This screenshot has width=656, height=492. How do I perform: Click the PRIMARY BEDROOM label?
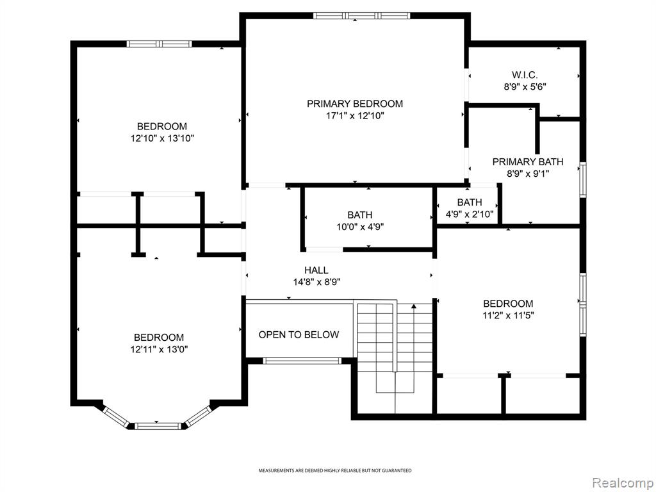355,104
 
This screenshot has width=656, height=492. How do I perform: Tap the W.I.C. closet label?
525,76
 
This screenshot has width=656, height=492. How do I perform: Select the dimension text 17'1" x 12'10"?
355,116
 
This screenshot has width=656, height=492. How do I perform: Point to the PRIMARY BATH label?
528,162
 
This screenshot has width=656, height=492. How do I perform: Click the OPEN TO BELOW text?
299,334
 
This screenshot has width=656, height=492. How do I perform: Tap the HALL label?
316,270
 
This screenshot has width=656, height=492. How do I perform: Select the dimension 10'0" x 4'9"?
360,227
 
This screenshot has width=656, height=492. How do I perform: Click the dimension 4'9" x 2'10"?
470,214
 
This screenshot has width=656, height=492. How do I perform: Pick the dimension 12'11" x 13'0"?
159,349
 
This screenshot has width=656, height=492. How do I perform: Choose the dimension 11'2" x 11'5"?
508,315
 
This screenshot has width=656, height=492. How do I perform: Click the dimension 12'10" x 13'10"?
162,138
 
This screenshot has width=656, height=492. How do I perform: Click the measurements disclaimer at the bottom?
334,471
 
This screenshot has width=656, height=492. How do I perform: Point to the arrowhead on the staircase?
414,306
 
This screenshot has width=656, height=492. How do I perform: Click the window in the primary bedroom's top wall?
361,16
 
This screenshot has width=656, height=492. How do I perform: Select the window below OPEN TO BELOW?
302,361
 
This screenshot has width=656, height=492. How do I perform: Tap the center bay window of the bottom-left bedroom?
158,426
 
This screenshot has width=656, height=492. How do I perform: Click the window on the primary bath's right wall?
582,179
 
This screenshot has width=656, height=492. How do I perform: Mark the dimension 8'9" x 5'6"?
525,87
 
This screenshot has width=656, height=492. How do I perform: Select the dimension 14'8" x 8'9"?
316,283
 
